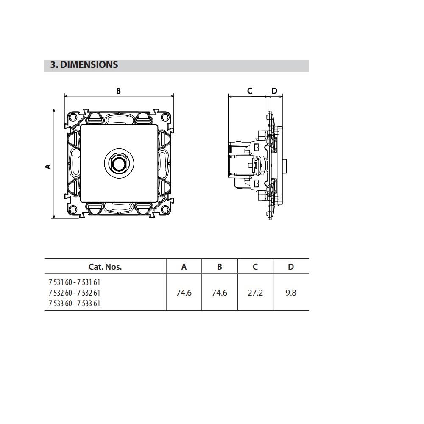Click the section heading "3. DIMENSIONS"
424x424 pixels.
(84, 65)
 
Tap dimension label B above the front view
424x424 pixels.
(118, 91)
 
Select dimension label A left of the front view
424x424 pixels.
(48, 167)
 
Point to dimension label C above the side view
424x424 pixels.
(250, 91)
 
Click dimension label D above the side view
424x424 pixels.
(274, 91)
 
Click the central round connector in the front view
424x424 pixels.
(119, 163)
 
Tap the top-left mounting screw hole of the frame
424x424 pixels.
(73, 117)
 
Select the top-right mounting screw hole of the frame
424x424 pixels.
(165, 117)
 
